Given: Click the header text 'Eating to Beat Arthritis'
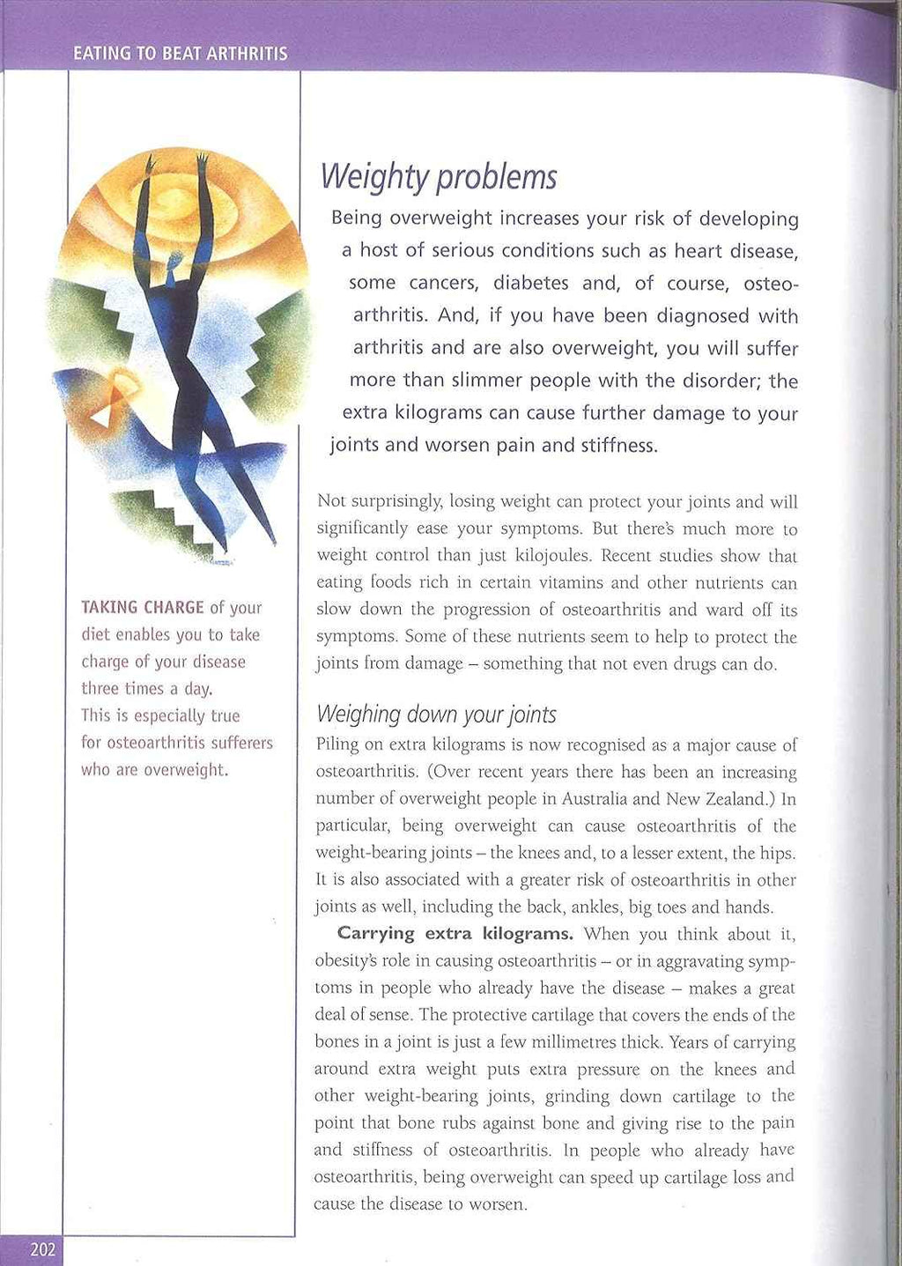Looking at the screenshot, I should (x=181, y=54).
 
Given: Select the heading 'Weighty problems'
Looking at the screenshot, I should (x=439, y=177).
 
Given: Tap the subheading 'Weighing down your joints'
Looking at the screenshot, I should (x=436, y=714).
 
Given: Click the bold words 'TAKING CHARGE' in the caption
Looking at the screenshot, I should (x=142, y=608).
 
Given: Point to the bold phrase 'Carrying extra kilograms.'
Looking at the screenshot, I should (x=455, y=934).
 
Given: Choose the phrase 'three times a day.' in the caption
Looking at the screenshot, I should (x=147, y=689).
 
